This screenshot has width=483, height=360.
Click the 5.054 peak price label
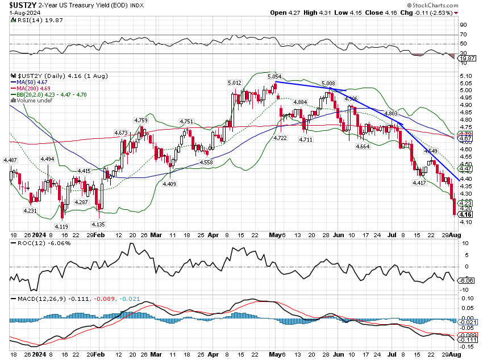274,76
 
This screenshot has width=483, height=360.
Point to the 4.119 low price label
61,226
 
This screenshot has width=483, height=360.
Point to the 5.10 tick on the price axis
465,76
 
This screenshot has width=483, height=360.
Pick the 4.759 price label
141,121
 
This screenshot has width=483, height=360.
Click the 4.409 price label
170,184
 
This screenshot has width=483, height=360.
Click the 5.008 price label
328,84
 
